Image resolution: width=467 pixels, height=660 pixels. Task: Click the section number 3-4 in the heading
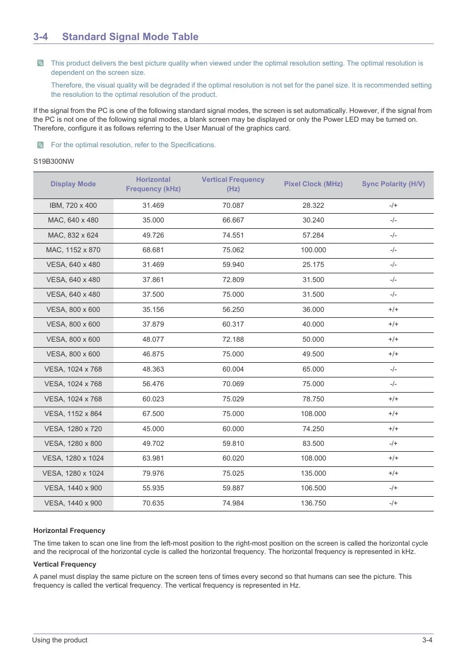[x=41, y=37]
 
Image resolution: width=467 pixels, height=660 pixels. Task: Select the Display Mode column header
[x=73, y=184]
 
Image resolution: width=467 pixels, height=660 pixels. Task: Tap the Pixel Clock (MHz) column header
[x=313, y=184]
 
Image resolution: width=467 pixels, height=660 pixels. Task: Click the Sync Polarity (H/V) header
[x=393, y=184]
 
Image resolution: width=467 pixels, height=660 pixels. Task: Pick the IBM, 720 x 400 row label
[x=73, y=206]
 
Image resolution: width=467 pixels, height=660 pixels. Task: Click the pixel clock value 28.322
[x=313, y=206]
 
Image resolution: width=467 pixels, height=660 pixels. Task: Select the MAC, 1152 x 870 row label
[x=73, y=250]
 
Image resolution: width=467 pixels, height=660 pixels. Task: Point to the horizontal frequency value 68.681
[x=153, y=250]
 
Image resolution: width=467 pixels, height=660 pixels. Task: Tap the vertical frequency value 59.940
[x=233, y=265]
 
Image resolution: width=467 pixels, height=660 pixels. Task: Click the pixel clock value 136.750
[x=313, y=504]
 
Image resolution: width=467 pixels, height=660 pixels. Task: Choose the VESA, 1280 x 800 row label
[x=73, y=444]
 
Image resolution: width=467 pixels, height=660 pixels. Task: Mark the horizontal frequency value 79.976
[x=153, y=474]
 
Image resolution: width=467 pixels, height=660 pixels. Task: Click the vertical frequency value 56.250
[x=233, y=310]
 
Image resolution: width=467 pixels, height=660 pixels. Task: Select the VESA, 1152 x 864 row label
[x=73, y=414]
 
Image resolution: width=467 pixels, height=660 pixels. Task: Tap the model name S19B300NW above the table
[x=54, y=162]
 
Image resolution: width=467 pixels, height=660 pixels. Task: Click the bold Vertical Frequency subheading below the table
[x=65, y=565]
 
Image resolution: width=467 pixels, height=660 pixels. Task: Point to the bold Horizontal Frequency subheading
[x=69, y=531]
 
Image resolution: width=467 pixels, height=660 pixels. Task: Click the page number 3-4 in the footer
[x=427, y=640]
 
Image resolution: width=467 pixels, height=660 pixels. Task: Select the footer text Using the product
[x=60, y=640]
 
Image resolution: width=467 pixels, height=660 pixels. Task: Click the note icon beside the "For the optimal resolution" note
[x=41, y=145]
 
